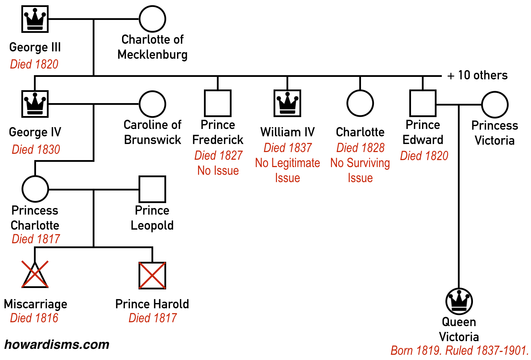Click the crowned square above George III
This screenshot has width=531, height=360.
point(35,19)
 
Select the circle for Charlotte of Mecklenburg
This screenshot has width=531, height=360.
point(152,19)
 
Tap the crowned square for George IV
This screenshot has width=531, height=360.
point(35,104)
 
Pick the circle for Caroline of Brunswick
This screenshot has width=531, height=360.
point(152,104)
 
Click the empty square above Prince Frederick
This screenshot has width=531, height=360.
point(218,103)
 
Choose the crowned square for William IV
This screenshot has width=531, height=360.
point(287,103)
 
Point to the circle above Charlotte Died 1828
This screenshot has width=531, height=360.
point(360,103)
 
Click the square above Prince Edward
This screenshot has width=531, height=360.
point(423,103)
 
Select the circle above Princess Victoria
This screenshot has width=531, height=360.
point(495,105)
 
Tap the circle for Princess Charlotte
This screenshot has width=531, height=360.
point(35,189)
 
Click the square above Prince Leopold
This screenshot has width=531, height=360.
point(152,189)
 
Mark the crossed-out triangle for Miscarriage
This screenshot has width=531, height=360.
point(35,275)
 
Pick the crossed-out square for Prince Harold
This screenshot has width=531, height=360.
point(152,275)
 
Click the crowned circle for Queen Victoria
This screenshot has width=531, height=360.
point(459,301)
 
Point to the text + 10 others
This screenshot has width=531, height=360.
point(477,75)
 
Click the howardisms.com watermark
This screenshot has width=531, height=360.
point(57,345)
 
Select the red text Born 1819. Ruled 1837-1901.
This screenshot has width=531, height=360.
point(459,350)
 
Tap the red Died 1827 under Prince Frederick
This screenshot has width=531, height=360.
point(218,155)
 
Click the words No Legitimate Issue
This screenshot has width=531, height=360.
point(288,170)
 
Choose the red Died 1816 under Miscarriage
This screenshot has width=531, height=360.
point(34,318)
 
